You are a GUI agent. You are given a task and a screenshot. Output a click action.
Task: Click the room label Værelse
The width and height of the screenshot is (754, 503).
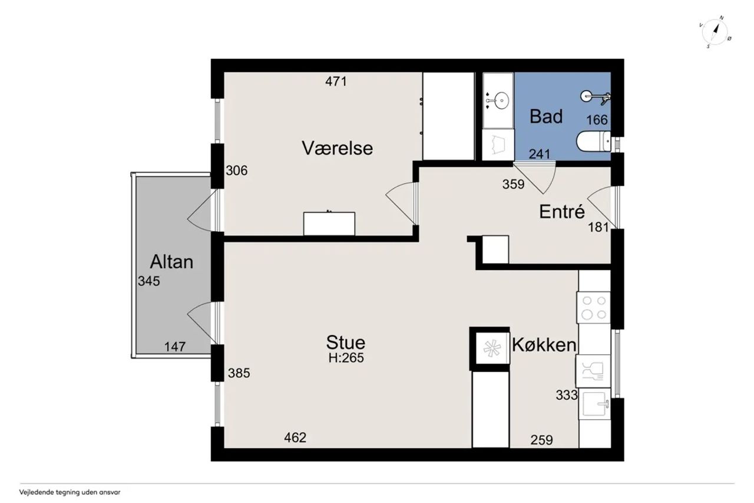pos(337,148)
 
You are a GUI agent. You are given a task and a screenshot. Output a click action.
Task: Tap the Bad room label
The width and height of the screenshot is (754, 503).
pos(546,117)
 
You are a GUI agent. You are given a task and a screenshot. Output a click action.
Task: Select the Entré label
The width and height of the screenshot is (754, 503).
pos(562,212)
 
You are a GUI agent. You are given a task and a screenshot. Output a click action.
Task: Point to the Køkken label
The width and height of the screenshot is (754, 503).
pos(544,345)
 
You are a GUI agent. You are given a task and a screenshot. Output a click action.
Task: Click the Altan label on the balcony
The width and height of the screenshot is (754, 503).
pos(171,262)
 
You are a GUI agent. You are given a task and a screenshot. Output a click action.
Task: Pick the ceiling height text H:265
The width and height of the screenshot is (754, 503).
pos(346,358)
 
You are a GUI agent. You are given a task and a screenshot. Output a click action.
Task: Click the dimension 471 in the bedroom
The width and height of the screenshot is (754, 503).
pos(336,81)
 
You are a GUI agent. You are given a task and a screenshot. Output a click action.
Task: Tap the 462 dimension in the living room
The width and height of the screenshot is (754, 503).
pos(295,438)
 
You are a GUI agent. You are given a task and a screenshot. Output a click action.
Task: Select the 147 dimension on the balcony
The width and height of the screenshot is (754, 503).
pos(175,347)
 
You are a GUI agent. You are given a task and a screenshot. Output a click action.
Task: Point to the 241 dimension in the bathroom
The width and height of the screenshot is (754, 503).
pos(540,154)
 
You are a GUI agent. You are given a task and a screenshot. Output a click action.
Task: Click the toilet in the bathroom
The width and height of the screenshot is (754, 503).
pos(594,142)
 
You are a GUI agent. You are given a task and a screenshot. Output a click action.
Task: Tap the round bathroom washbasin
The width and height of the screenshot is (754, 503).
pos(501,101)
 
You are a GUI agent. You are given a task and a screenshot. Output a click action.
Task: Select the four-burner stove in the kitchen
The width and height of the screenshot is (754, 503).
pos(594,307)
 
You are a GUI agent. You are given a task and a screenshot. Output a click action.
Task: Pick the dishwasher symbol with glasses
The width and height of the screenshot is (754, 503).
pos(593,370)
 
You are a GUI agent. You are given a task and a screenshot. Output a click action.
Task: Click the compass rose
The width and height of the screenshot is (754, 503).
pos(715,32)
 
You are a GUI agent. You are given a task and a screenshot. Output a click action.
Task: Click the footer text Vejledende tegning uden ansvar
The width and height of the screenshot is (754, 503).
pos(70,492)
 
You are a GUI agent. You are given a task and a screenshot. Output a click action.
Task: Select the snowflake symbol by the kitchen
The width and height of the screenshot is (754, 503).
pos(492,348)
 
